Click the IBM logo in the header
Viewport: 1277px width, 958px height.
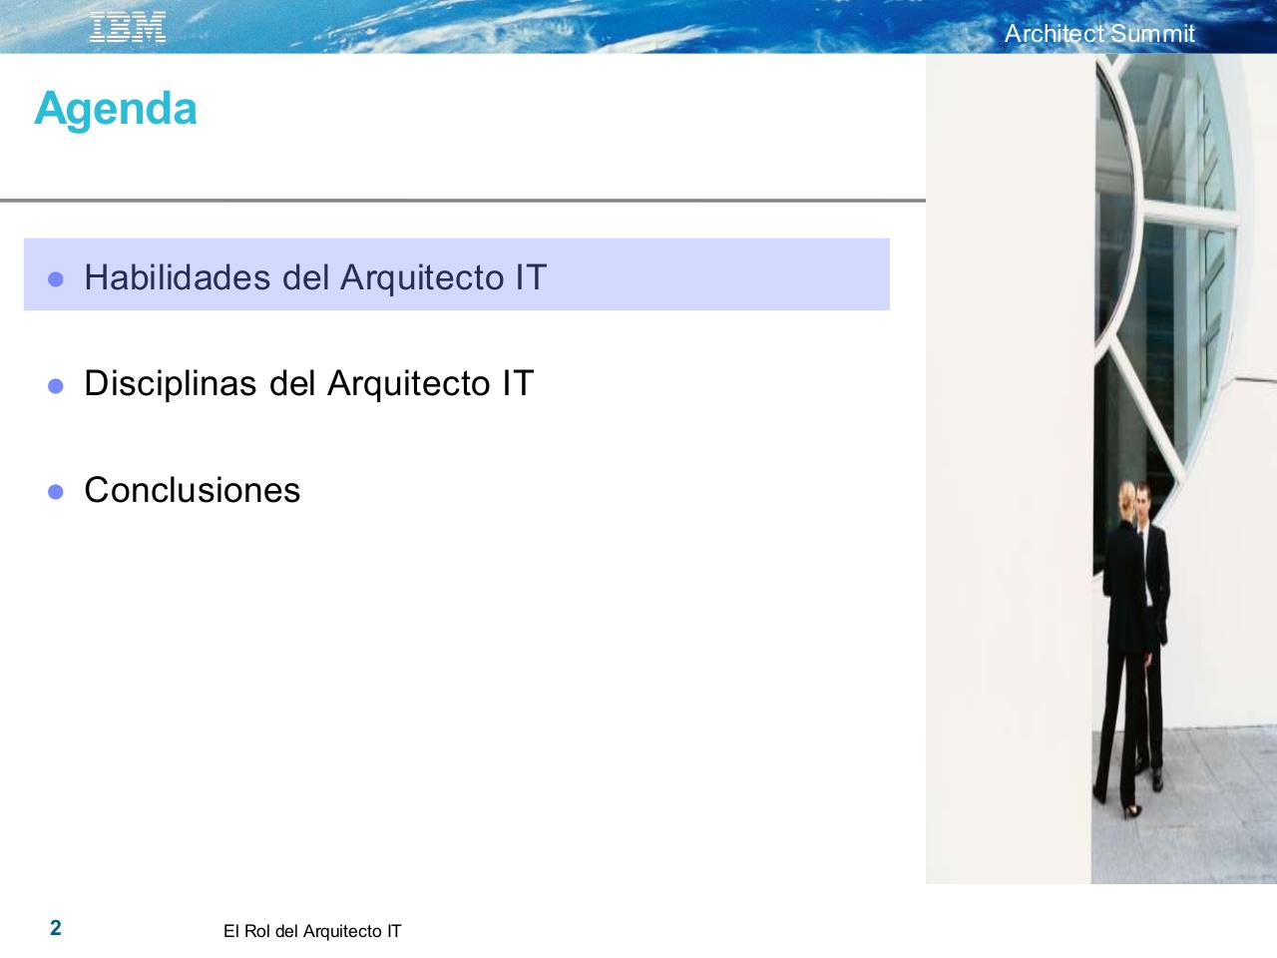coord(128,28)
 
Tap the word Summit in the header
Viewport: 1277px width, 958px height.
coord(1152,34)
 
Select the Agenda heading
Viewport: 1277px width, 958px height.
coord(116,108)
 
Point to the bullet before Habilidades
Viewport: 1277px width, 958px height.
coord(56,279)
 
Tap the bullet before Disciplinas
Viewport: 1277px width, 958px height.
coord(56,385)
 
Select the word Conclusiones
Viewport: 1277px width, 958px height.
coord(193,490)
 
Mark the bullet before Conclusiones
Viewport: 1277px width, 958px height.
coord(56,492)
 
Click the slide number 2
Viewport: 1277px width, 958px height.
coord(56,928)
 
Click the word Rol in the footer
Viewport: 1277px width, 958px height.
coord(257,931)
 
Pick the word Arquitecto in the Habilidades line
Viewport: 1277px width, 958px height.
coord(423,276)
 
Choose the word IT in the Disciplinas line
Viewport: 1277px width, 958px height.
coord(518,383)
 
